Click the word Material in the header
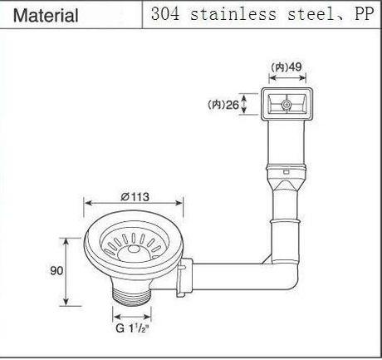[x=47, y=15]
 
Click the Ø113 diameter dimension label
[x=135, y=197]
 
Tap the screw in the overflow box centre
[x=285, y=106]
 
